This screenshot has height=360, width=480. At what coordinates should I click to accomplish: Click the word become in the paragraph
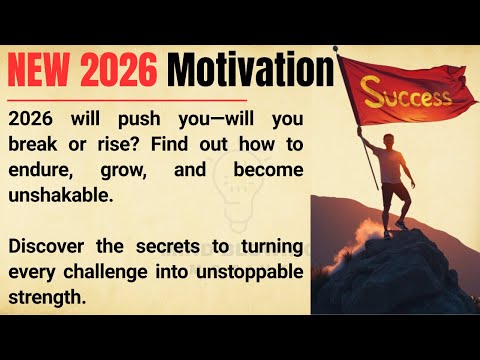click(x=267, y=170)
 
